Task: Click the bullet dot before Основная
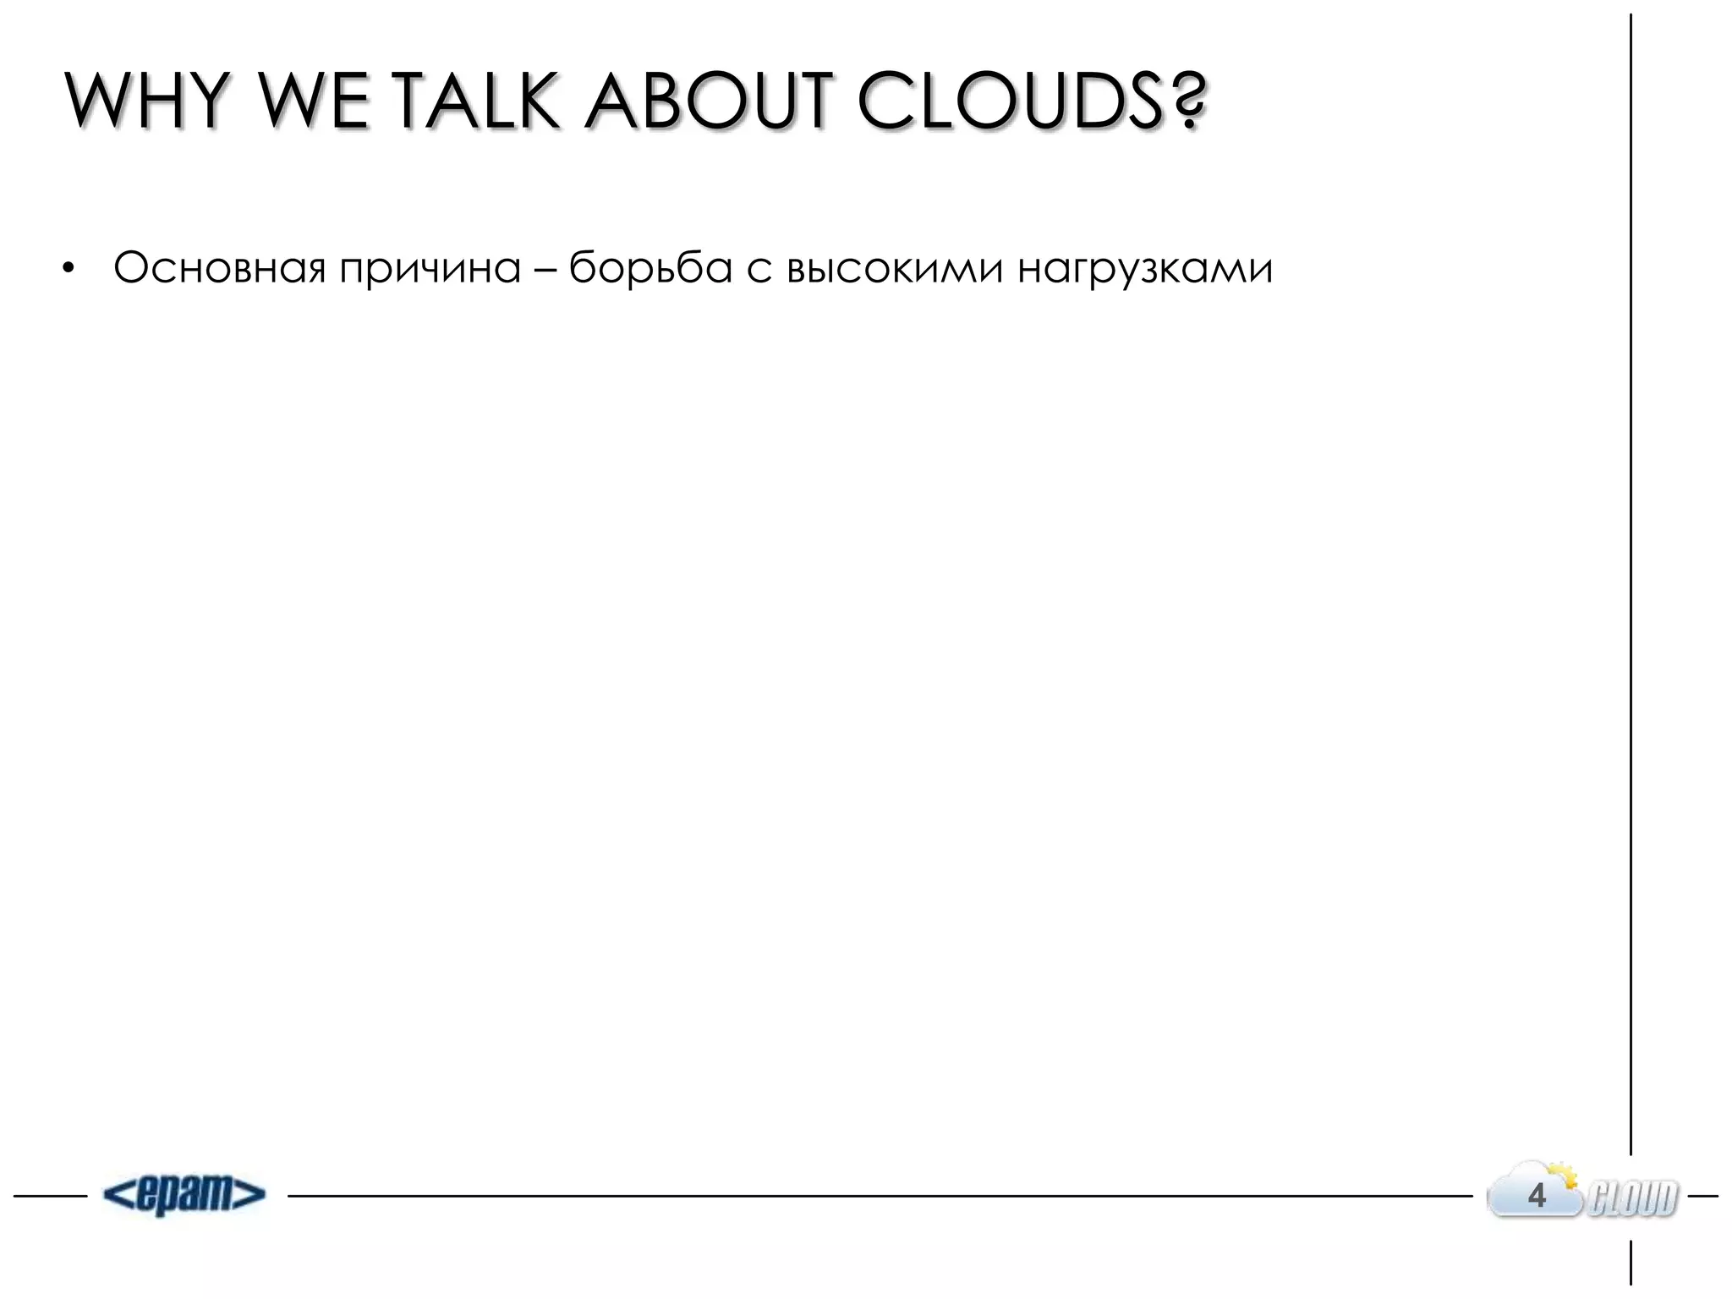point(68,271)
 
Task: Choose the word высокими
point(895,269)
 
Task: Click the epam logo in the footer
point(184,1195)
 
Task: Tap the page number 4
point(1537,1196)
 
